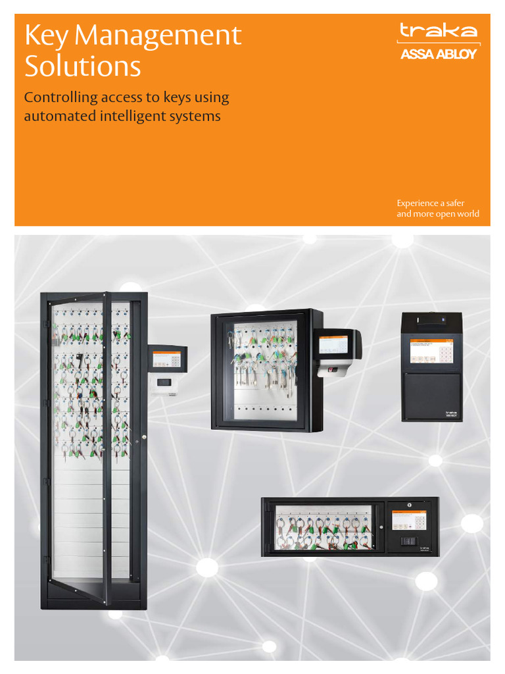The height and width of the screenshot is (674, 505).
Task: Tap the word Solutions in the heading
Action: coord(82,66)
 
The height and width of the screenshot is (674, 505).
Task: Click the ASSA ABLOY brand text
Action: coord(439,55)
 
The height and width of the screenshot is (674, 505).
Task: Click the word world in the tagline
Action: coord(466,214)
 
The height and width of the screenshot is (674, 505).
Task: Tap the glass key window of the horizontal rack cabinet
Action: coord(323,527)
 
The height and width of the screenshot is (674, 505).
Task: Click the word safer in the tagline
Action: coord(454,203)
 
